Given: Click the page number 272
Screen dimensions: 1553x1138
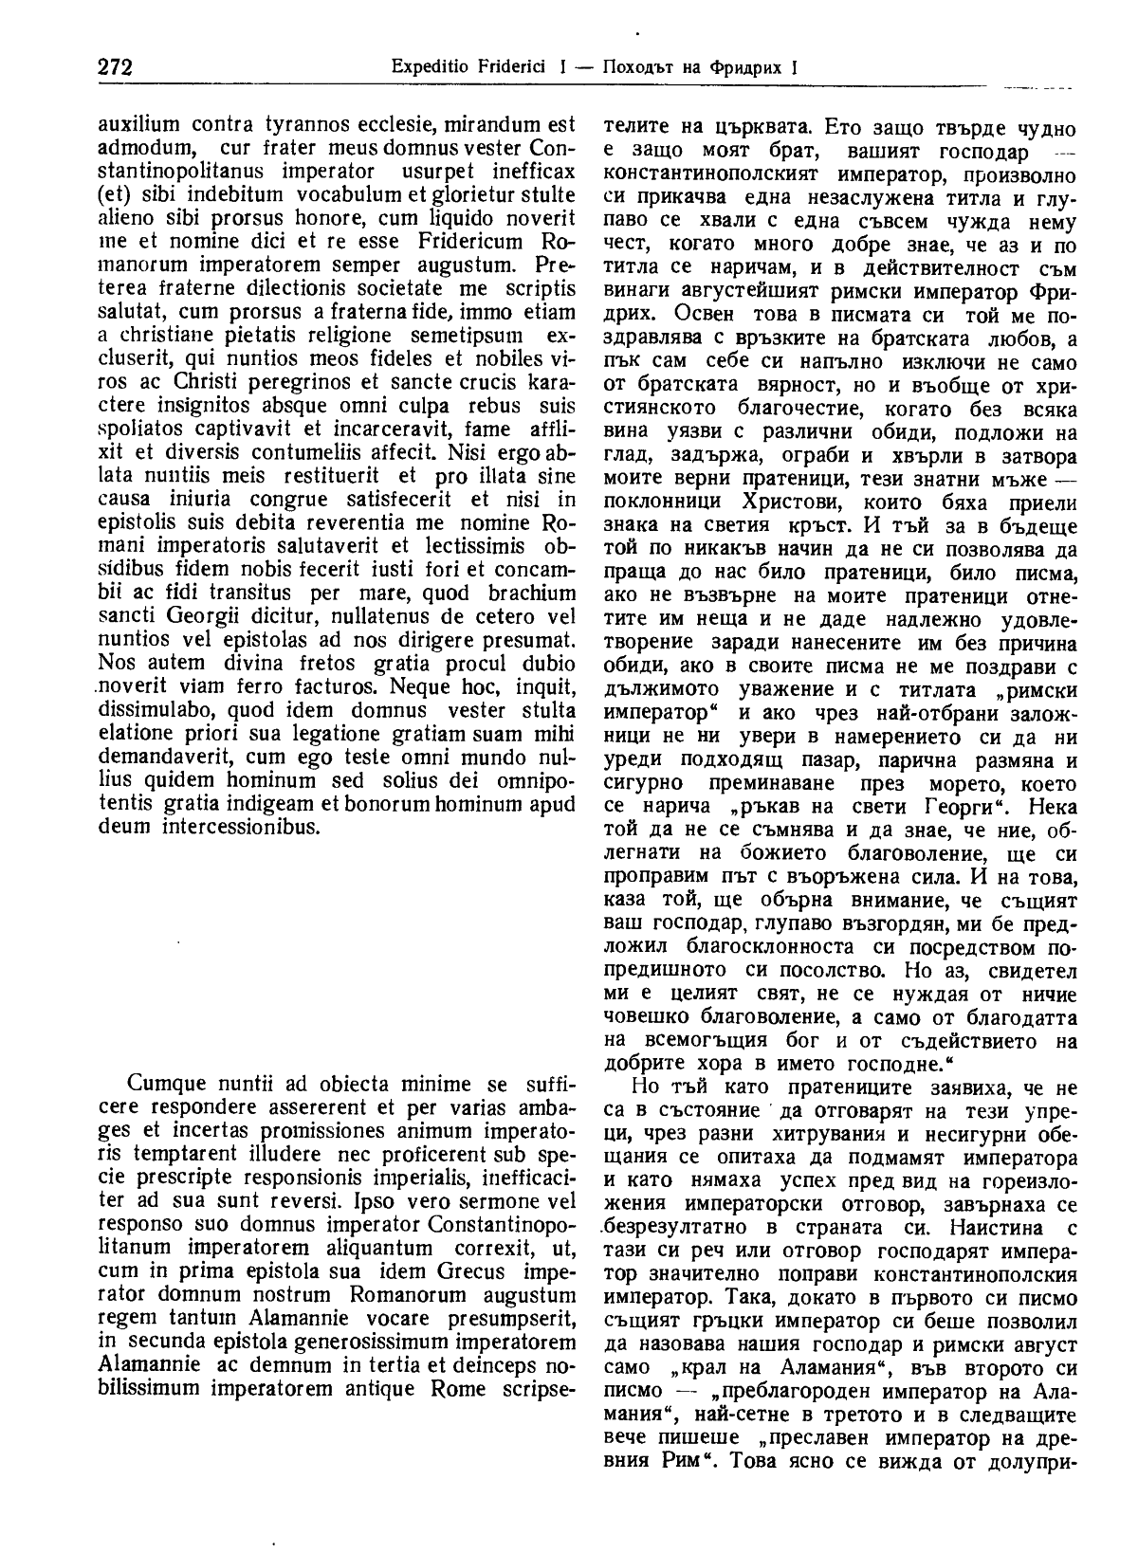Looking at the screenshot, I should pos(114,67).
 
